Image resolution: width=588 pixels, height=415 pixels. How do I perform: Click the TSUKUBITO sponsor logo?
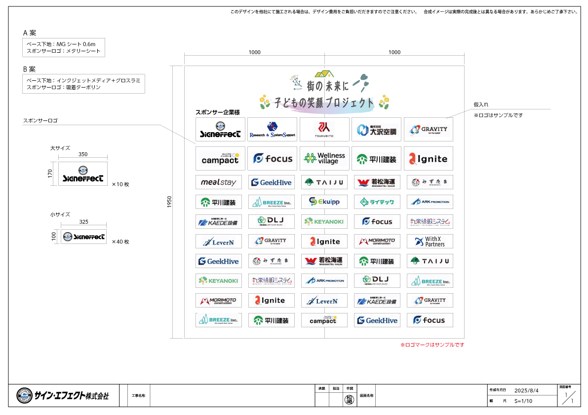[324, 129]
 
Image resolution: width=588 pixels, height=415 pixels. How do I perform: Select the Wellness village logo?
[324, 158]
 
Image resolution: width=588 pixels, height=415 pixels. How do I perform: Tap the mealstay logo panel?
[219, 182]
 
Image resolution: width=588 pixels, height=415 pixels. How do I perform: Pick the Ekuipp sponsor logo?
[324, 202]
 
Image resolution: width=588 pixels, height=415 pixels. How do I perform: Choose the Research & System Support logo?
[272, 129]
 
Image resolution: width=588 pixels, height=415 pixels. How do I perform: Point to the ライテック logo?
[377, 202]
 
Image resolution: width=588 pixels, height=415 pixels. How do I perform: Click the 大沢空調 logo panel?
[377, 129]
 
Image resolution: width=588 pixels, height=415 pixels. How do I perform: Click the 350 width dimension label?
[83, 154]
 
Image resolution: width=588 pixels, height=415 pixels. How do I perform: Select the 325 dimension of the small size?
[83, 222]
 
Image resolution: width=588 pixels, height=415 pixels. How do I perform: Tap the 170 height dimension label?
[51, 174]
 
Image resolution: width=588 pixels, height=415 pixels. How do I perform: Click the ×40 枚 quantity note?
[120, 242]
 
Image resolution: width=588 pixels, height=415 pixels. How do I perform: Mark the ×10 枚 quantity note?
[120, 184]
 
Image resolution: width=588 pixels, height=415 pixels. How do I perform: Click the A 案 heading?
[30, 33]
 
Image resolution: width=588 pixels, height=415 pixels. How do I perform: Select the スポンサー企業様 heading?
[218, 112]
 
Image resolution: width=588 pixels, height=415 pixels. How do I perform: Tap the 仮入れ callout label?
[481, 105]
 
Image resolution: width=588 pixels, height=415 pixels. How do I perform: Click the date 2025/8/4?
[526, 390]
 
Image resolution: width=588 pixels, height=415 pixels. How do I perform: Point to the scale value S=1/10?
[523, 401]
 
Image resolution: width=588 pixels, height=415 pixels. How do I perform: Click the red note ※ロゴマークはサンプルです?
[432, 345]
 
